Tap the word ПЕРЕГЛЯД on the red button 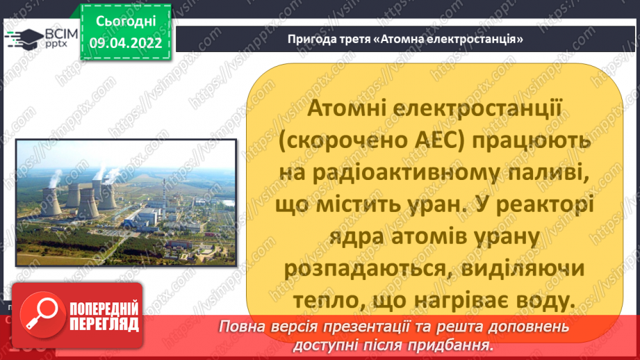tap(104, 324)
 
